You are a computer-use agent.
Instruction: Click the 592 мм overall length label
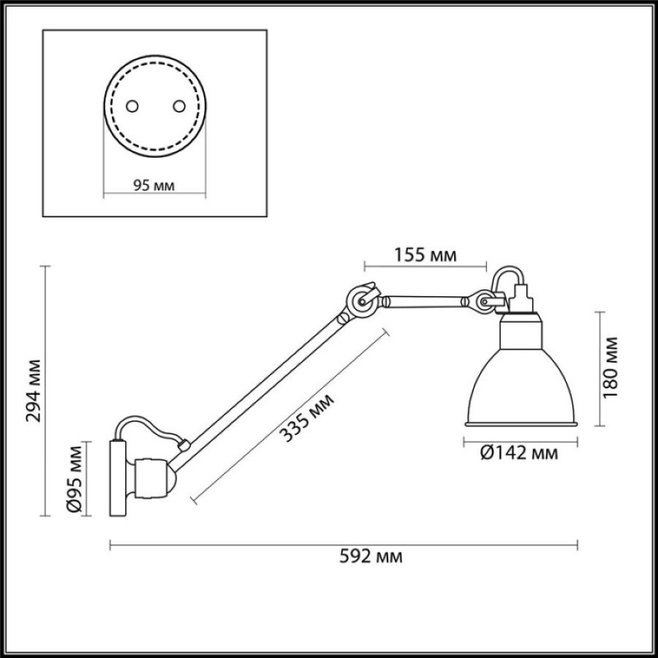(371, 557)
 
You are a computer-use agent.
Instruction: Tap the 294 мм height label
(34, 391)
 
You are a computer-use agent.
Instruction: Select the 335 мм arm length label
(307, 418)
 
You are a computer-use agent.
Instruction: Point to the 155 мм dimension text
(425, 255)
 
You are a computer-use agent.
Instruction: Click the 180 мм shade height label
(610, 368)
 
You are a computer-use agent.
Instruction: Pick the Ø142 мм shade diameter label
(519, 453)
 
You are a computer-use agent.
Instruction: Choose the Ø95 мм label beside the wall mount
(75, 479)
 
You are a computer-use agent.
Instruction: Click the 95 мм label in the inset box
(154, 185)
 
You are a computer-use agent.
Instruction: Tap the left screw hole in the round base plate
(132, 106)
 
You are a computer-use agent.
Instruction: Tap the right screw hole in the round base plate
(179, 106)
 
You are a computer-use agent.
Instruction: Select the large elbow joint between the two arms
(361, 300)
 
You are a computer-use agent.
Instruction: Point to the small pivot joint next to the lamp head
(484, 301)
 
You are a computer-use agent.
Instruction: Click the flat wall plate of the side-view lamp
(118, 478)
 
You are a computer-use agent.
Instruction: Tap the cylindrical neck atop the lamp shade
(521, 331)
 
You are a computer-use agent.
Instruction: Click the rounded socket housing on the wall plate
(152, 478)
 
